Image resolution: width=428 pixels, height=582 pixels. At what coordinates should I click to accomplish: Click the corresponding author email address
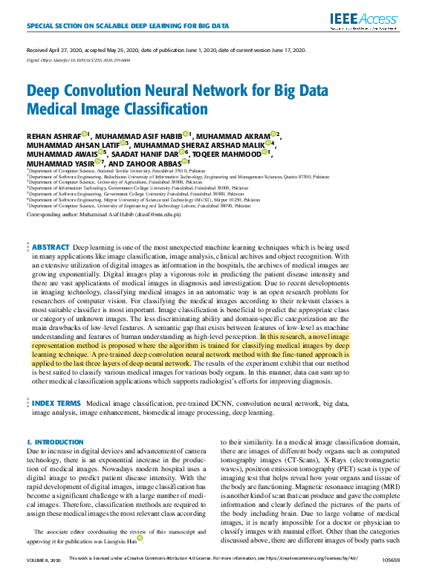[x=160, y=214]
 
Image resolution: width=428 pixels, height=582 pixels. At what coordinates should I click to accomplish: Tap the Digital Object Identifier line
[x=74, y=59]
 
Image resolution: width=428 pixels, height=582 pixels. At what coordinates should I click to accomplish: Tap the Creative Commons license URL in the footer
[x=315, y=577]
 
